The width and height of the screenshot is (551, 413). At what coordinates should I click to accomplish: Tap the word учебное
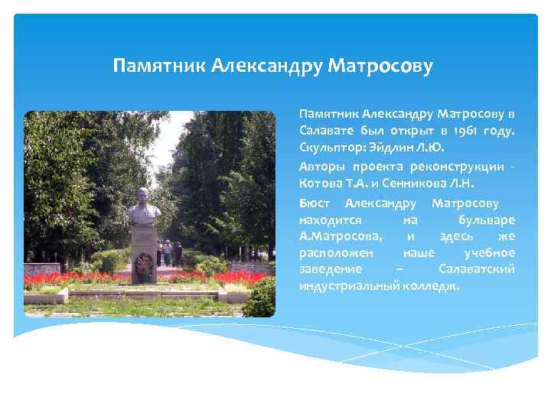pyautogui.click(x=489, y=252)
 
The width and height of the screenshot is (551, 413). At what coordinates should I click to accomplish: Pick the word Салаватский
pyautogui.click(x=476, y=269)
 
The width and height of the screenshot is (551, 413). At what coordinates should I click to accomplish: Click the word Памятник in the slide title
pyautogui.click(x=158, y=66)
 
